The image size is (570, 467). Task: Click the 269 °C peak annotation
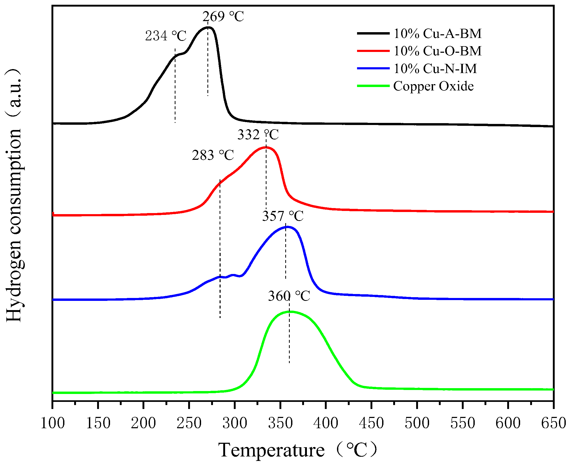223,17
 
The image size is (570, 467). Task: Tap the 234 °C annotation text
165,36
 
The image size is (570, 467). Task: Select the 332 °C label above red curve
258,134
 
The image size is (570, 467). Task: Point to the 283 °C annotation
213,155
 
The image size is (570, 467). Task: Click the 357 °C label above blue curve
283,216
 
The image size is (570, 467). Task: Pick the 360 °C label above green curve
289,296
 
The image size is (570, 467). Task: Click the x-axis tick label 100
53,423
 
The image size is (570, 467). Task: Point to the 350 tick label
280,423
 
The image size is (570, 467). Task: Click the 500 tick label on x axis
417,423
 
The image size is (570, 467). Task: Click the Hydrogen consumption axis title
13,195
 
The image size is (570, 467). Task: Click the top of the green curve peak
290,311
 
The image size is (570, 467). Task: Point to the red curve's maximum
265,147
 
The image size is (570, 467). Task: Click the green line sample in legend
373,86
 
